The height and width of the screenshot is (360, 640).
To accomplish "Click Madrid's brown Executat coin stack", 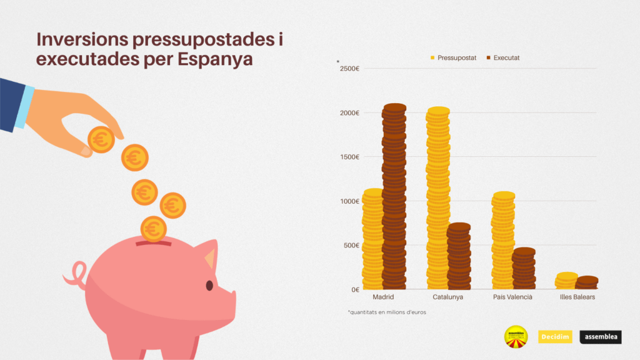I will pos(394,197).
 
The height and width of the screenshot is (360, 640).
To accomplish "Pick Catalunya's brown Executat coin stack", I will pos(459,256).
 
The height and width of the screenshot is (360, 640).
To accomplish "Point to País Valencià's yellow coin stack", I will pos(503,241).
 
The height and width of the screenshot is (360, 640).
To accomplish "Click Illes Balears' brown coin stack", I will pos(587,282).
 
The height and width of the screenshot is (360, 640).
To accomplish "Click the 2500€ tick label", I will pos(349,68).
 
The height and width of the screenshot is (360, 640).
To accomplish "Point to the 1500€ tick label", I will pos(349,157).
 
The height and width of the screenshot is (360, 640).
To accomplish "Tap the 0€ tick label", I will pos(355,289).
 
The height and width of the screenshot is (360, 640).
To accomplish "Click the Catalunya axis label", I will pos(447,297).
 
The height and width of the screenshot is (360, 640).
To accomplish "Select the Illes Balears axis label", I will pos(577,297).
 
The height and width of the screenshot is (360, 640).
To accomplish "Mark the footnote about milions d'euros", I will pos(386,312).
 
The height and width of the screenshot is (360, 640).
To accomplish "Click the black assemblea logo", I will pos(601,337).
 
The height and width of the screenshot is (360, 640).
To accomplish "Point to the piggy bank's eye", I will pos(209,285).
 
